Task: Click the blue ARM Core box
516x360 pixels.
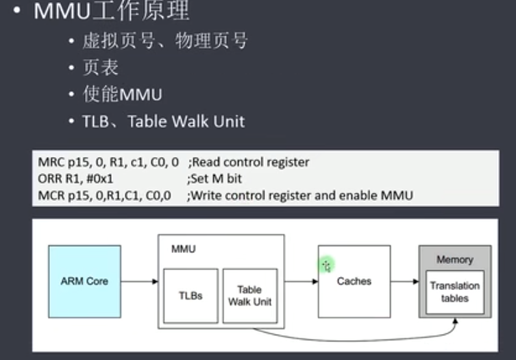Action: tap(84, 281)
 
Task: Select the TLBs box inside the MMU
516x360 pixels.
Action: tap(191, 296)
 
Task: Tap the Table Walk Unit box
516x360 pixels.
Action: tap(249, 296)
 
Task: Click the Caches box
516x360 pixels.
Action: tap(354, 281)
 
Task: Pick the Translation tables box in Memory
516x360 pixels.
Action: tap(455, 292)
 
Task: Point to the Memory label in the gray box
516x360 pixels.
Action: tap(455, 260)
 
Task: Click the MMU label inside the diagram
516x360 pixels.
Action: tap(183, 249)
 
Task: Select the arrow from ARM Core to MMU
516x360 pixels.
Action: tap(139, 281)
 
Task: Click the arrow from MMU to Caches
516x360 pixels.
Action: tap(301, 281)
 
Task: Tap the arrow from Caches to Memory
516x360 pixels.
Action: tap(404, 281)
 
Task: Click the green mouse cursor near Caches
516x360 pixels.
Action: tap(326, 264)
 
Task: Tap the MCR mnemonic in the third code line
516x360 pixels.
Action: tap(50, 195)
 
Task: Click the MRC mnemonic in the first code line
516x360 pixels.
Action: tap(50, 163)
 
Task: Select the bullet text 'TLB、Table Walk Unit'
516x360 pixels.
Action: tap(163, 121)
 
